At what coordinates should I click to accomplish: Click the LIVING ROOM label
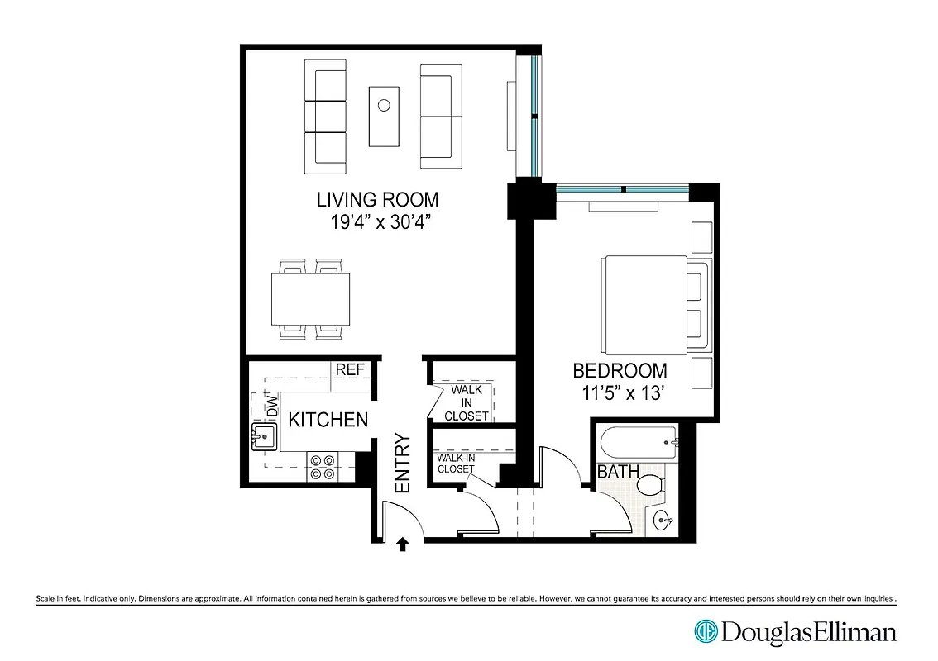point(377,199)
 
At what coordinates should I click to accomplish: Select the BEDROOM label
point(620,371)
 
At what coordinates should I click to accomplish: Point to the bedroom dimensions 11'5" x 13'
point(620,393)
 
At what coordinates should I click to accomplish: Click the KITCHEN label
point(328,420)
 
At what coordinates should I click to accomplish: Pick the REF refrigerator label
point(350,369)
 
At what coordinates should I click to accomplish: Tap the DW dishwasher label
point(271,406)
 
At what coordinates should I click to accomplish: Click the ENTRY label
point(403,464)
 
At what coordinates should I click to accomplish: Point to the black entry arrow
point(403,543)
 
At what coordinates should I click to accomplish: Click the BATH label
point(618,473)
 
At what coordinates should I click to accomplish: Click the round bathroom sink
point(662,521)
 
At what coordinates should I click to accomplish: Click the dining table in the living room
point(309,299)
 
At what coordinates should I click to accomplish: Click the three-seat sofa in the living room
point(325,116)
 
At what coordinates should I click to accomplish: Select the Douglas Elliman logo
point(795,633)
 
